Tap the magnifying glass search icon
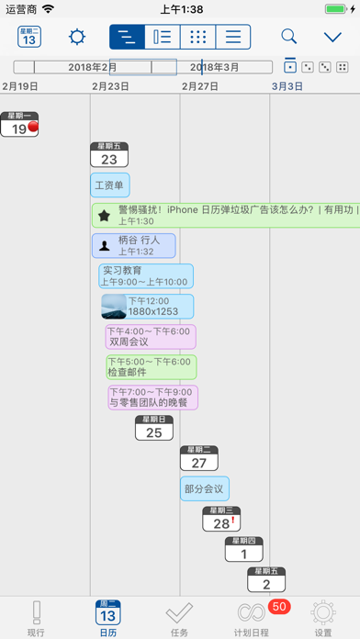(289, 37)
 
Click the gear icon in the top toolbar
(77, 37)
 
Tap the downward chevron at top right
(333, 37)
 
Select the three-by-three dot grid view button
(197, 37)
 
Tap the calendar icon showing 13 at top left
(30, 37)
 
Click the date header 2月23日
(110, 85)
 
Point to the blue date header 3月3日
(287, 85)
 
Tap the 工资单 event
(109, 185)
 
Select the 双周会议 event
(138, 336)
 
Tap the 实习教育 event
(146, 275)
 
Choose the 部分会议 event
(204, 488)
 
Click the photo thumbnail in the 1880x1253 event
(113, 306)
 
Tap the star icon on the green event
(105, 215)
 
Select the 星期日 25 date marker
(153, 428)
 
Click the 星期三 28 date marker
(220, 519)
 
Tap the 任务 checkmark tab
(179, 618)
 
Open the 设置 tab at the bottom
(323, 618)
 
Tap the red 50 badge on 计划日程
(279, 606)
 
